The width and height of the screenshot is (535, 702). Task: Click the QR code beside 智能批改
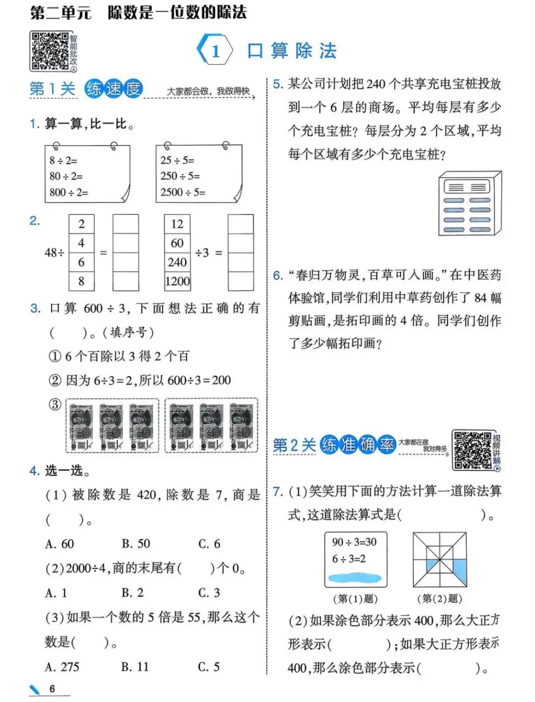pos(49,51)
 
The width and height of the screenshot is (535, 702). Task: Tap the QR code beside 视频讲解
pos(473,450)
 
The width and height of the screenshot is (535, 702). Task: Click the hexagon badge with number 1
pos(215,50)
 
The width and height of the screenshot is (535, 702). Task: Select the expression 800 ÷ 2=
pos(69,192)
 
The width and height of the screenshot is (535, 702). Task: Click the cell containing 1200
pos(177,281)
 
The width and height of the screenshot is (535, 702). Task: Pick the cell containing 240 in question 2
pos(177,262)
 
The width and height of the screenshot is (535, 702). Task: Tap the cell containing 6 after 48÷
pos(81,262)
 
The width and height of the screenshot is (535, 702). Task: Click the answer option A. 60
pos(59,544)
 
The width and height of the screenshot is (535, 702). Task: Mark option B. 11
pos(135,667)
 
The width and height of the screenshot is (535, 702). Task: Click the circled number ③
pos(54,404)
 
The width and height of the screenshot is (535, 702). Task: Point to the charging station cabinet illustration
pos(469,203)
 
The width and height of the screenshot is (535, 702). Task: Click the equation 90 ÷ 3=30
pos(354,542)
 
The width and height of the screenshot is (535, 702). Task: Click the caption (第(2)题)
pos(439,598)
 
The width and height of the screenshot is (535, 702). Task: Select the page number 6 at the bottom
pos(52,689)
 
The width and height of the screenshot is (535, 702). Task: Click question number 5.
pos(278,84)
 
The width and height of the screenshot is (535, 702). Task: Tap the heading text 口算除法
pos(292,51)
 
